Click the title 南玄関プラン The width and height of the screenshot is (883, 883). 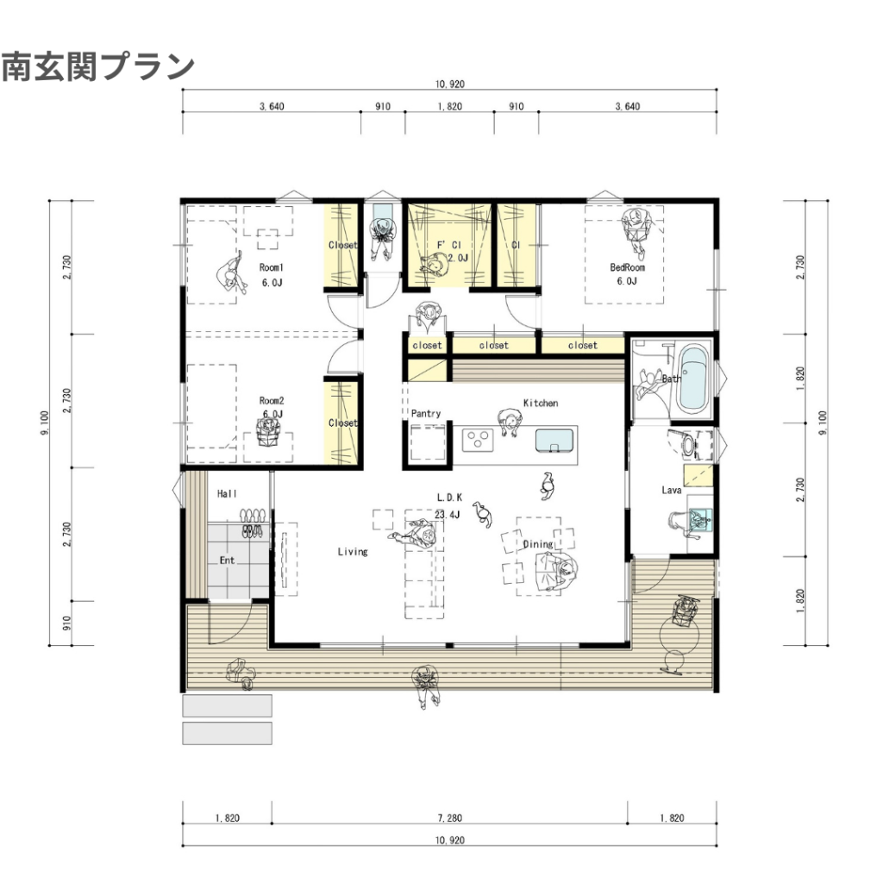click(98, 67)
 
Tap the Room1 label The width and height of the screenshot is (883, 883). click(272, 267)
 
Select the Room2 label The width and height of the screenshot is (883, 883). click(272, 400)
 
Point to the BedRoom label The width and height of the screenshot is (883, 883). click(628, 267)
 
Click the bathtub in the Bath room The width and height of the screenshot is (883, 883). click(692, 379)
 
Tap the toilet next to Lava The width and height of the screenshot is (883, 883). click(686, 443)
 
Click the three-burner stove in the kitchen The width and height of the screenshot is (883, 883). click(478, 440)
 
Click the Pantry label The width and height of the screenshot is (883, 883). click(426, 413)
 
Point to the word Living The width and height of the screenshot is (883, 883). click(353, 552)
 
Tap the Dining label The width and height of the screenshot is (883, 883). click(538, 544)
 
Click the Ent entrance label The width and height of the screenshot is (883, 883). click(227, 560)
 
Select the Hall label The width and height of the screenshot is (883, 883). click(227, 494)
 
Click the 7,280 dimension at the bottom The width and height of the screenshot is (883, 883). click(449, 817)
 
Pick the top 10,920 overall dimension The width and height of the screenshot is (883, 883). click(449, 84)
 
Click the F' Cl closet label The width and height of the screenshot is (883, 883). click(448, 245)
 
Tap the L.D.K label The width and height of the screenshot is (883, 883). click(449, 498)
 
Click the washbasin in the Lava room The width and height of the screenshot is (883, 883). click(700, 518)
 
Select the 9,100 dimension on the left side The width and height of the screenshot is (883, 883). click(45, 423)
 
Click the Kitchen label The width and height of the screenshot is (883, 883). click(541, 404)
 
